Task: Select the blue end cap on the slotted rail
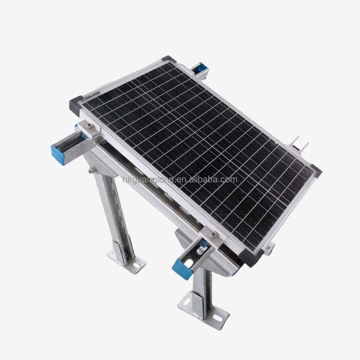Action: (181, 269)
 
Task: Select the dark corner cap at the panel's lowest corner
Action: (252, 256)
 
